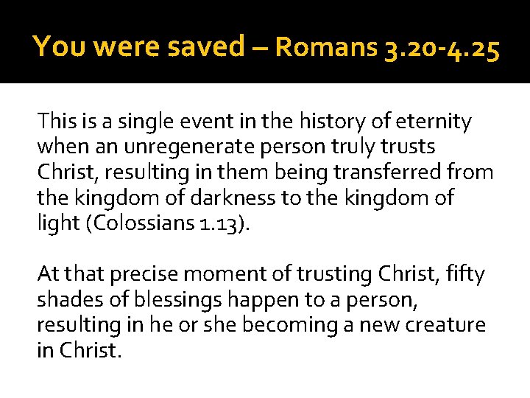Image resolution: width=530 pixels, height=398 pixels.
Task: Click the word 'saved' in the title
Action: point(205,47)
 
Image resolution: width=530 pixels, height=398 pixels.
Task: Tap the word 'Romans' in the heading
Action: point(326,49)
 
